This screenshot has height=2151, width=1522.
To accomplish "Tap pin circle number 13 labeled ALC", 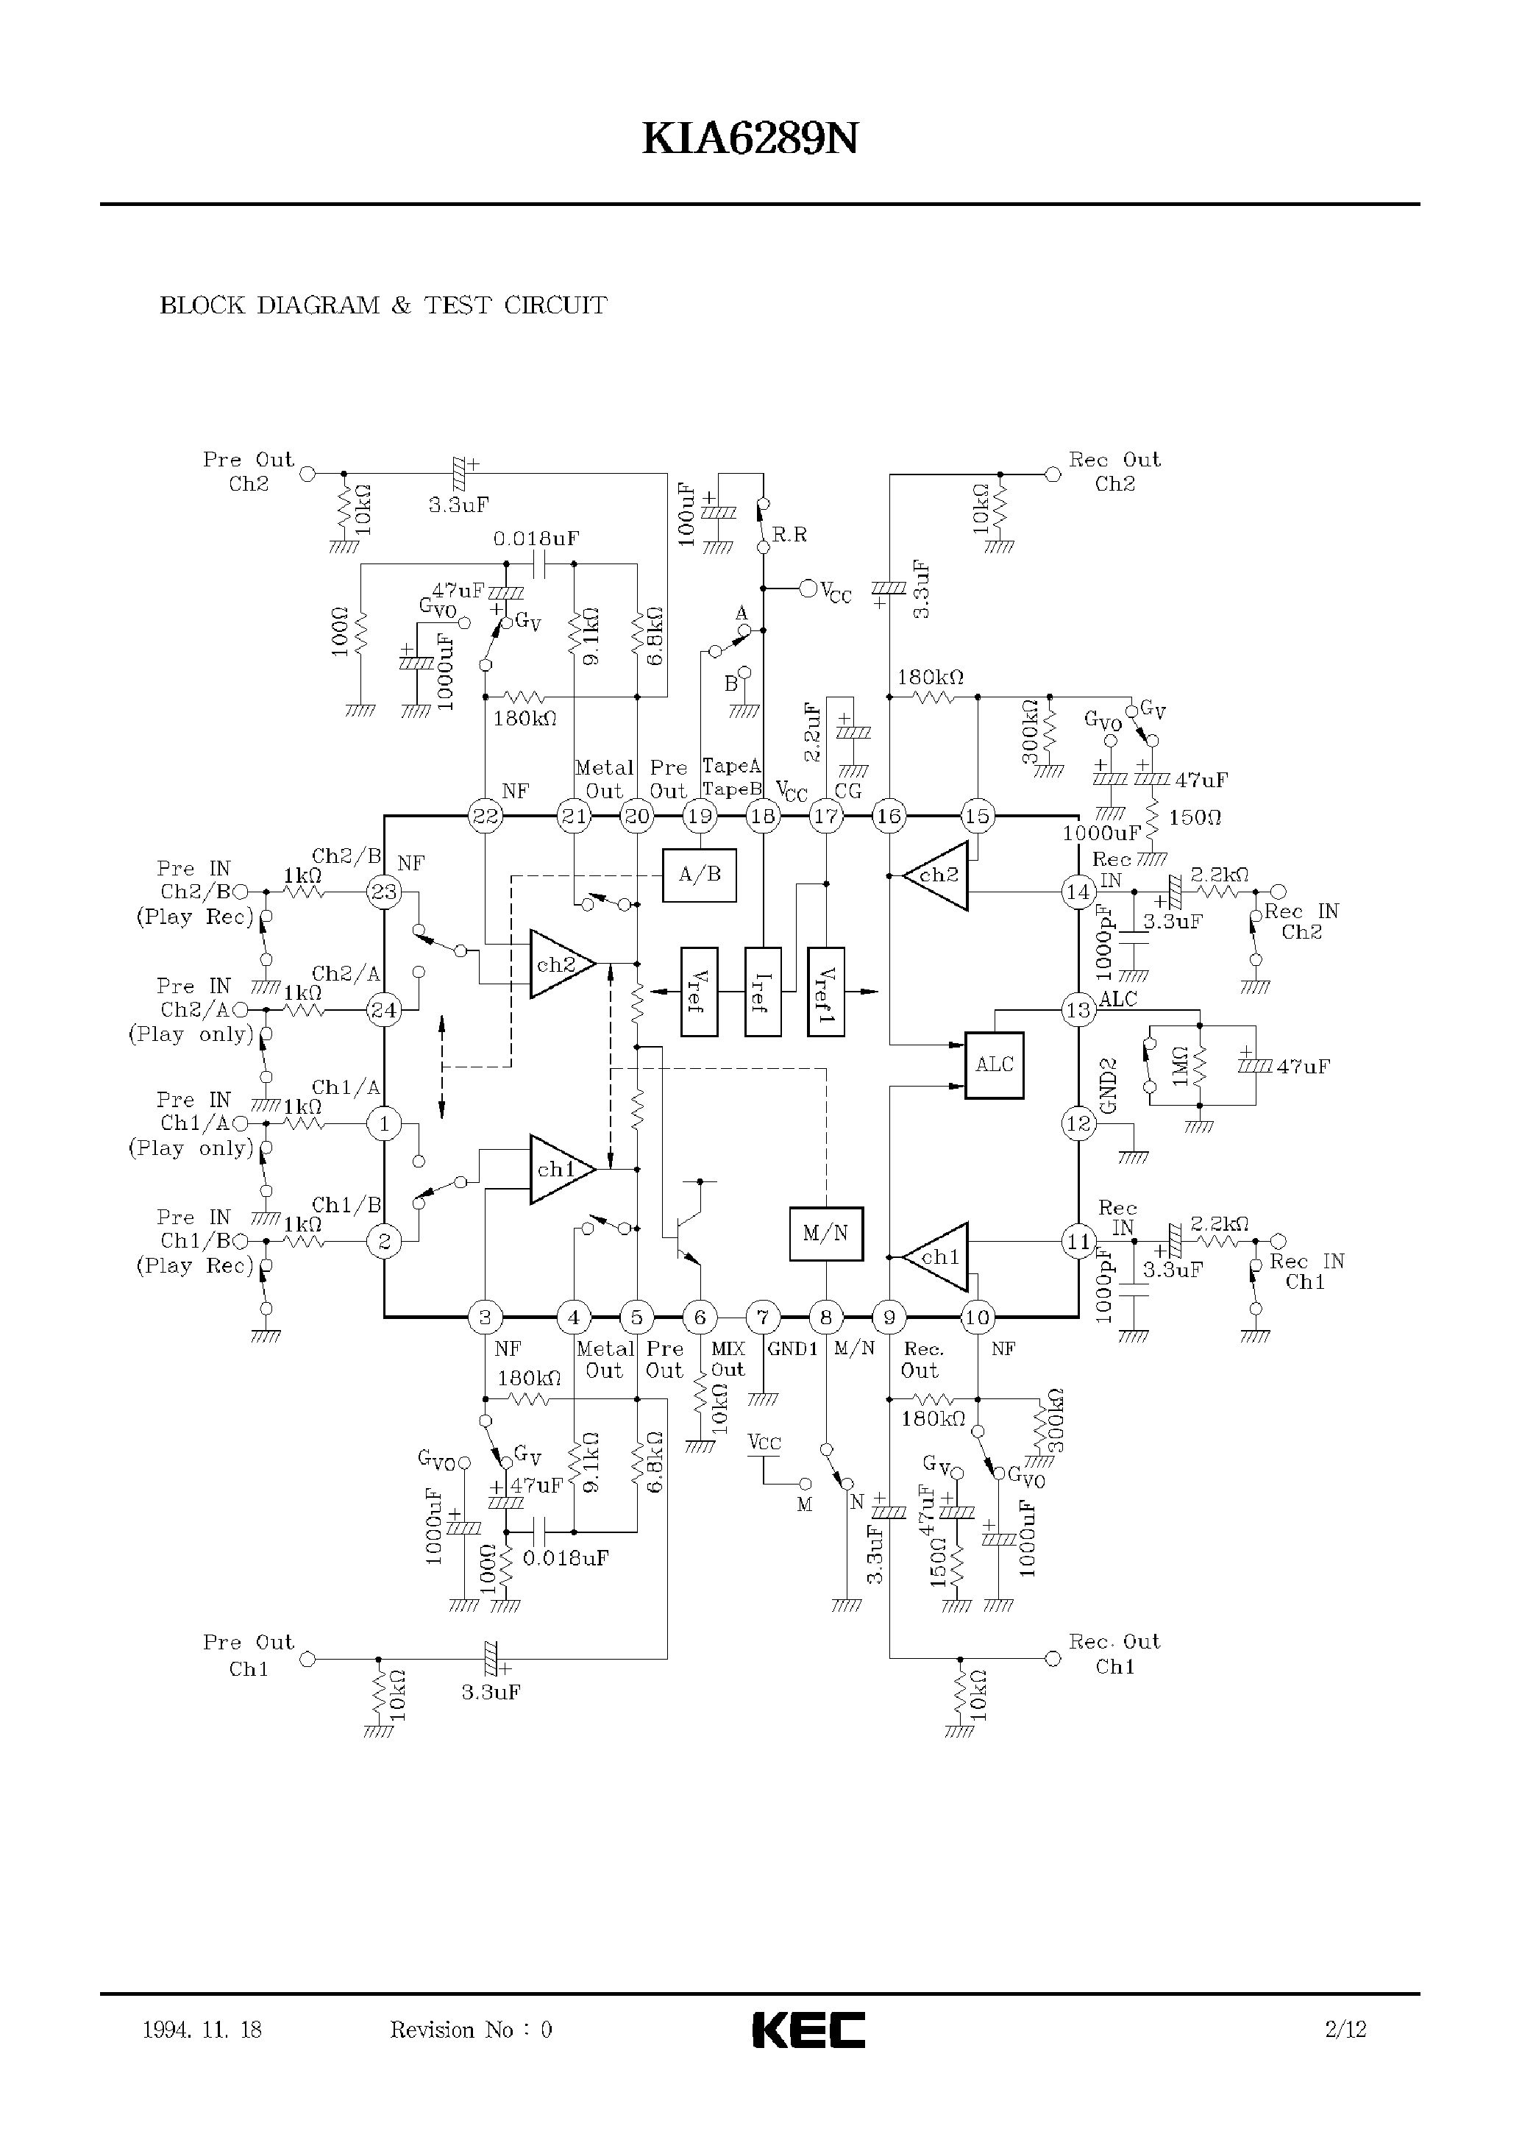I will coord(1078,1010).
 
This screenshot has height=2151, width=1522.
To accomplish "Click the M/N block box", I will coord(825,1234).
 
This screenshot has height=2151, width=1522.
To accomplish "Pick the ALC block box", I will coord(995,1064).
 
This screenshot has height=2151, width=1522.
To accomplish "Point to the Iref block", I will coord(763,991).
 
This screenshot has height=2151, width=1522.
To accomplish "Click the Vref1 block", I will coord(825,991).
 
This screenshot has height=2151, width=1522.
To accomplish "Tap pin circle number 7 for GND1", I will coord(763,1318).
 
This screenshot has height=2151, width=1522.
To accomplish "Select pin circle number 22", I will coord(486,817).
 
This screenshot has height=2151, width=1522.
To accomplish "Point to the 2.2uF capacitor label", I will coord(813,732).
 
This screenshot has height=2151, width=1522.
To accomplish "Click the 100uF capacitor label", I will coord(686,514).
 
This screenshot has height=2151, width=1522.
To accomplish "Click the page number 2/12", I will coord(1345,2030).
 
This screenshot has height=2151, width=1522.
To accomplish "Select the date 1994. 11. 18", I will coord(202,2030).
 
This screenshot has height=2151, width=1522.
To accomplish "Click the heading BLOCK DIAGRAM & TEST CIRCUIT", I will coord(383,305).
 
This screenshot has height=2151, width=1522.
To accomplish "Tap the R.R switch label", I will coord(789,534).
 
